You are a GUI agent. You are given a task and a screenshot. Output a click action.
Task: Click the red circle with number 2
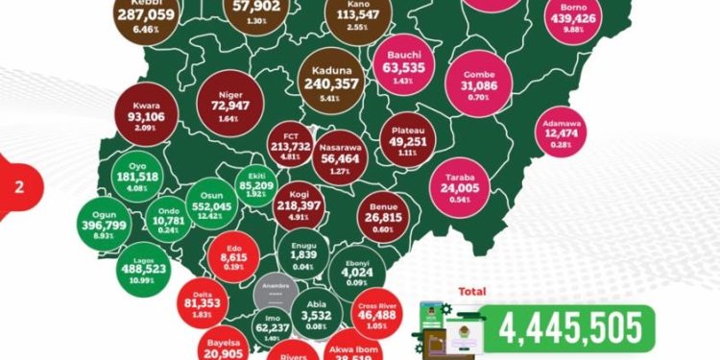pyautogui.click(x=17, y=187)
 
